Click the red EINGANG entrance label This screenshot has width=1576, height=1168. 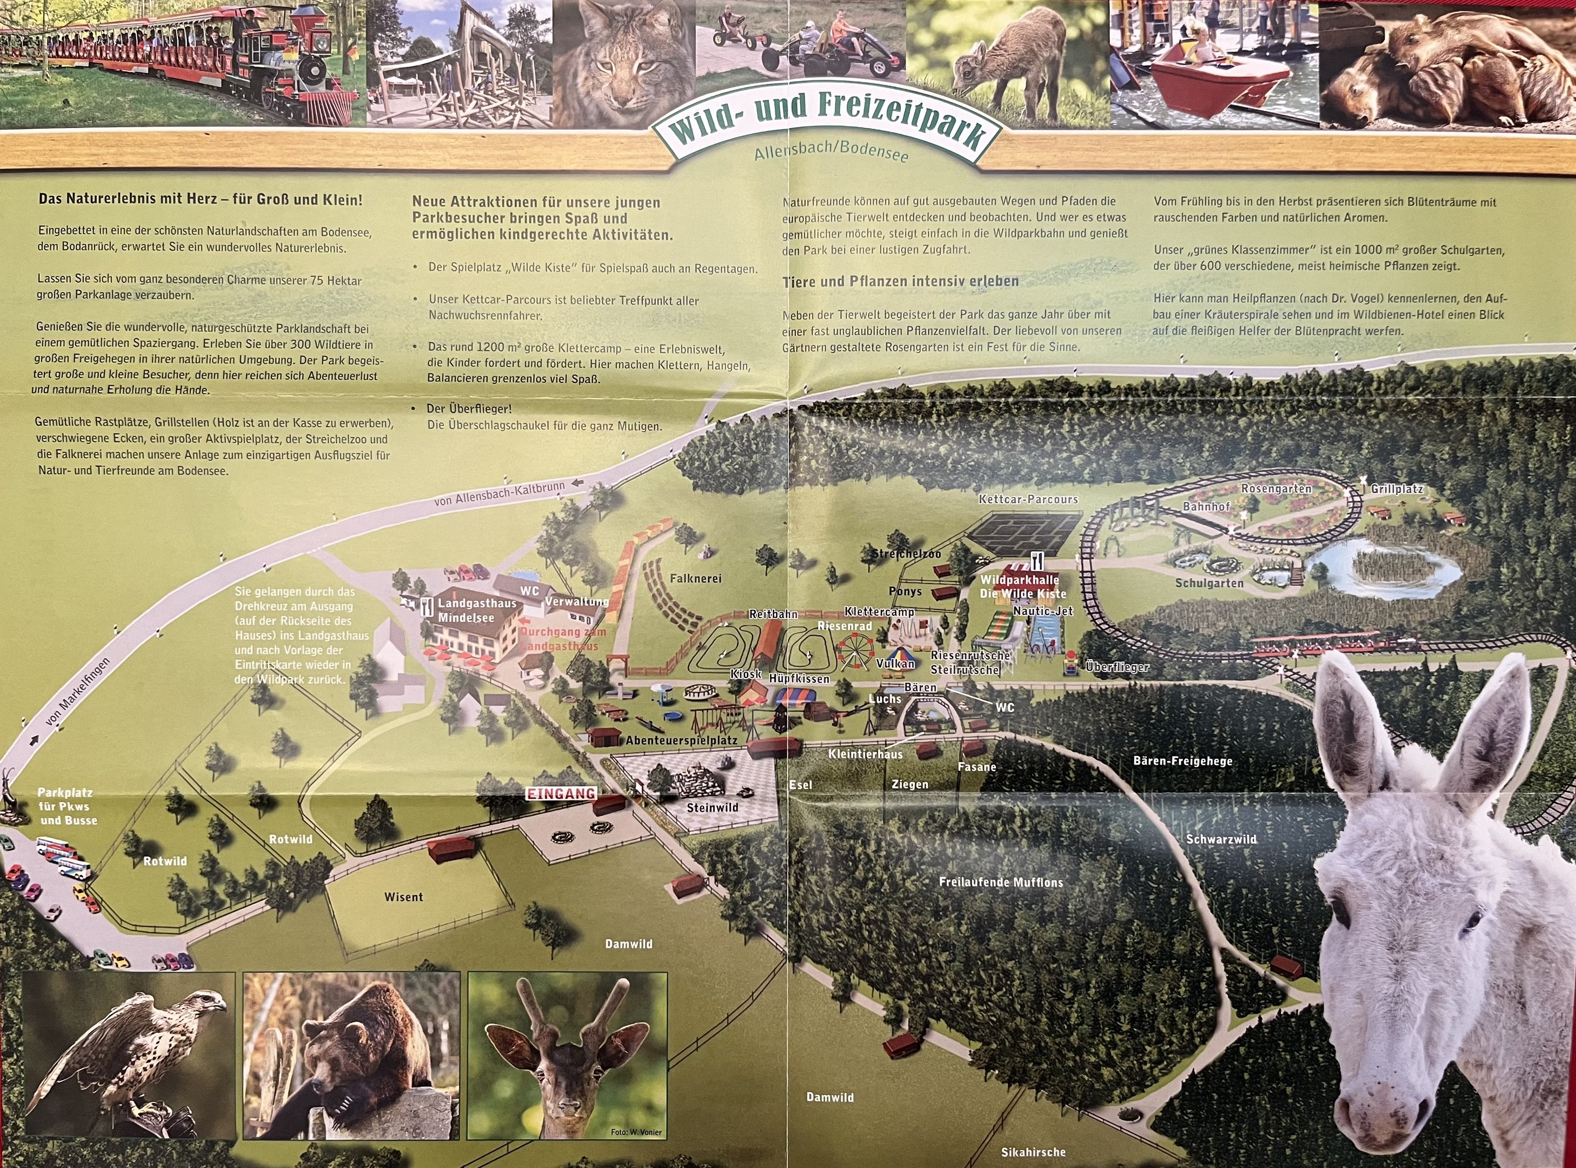(561, 794)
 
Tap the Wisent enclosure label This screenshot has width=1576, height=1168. (403, 897)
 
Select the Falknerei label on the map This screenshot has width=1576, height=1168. (695, 579)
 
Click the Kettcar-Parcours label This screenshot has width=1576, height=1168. (1028, 500)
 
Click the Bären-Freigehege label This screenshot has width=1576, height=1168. (1182, 761)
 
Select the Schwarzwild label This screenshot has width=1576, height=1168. (1221, 839)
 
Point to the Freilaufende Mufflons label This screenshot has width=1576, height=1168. (1001, 882)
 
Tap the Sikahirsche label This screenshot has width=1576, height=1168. (1033, 1152)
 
